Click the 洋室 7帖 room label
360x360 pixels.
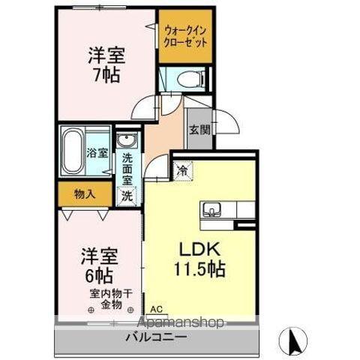coord(105,65)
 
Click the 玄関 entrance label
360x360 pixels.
coord(199,130)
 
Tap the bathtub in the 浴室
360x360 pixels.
coord(73,149)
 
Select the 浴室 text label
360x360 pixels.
coord(98,153)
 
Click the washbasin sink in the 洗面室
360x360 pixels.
coord(124,142)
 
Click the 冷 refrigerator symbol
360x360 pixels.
coord(182,169)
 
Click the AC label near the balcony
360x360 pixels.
coord(155,309)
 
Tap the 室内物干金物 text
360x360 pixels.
coord(109,299)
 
